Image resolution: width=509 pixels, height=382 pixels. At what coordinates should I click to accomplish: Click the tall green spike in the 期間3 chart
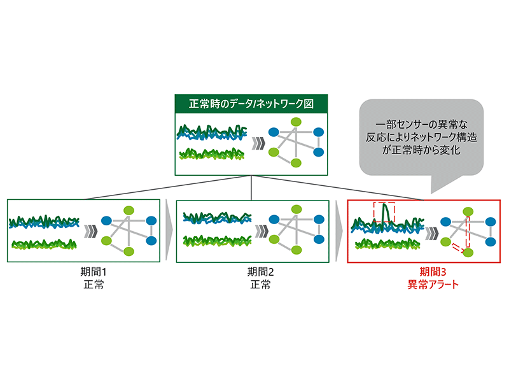click(x=384, y=211)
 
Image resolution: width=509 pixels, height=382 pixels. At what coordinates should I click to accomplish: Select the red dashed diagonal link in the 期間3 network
click(x=459, y=246)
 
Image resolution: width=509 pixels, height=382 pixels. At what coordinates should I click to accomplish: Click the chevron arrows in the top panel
click(x=257, y=143)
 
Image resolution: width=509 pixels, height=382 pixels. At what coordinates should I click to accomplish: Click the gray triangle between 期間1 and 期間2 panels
click(x=168, y=230)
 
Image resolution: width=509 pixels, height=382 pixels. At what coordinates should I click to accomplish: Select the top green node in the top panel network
click(x=296, y=122)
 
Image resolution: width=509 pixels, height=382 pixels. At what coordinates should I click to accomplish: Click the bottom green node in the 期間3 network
click(x=469, y=253)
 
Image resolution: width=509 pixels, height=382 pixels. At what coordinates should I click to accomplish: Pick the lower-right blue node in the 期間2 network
click(x=316, y=241)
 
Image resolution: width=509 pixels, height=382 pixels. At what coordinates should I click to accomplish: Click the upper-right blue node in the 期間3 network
click(x=490, y=221)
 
